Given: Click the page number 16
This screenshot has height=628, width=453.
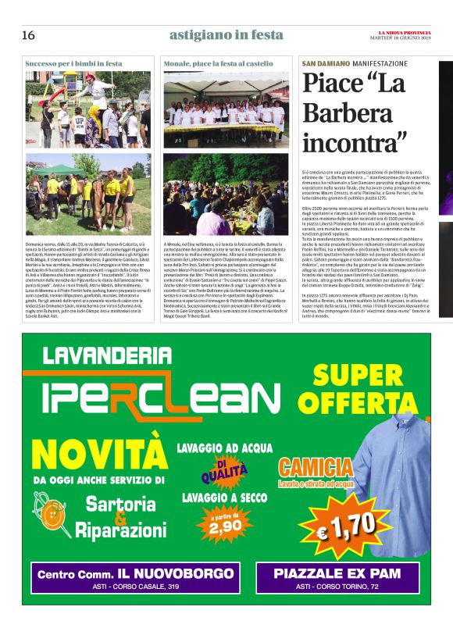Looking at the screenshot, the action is point(28,35).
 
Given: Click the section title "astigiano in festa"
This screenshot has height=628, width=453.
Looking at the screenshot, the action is point(226,35).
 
